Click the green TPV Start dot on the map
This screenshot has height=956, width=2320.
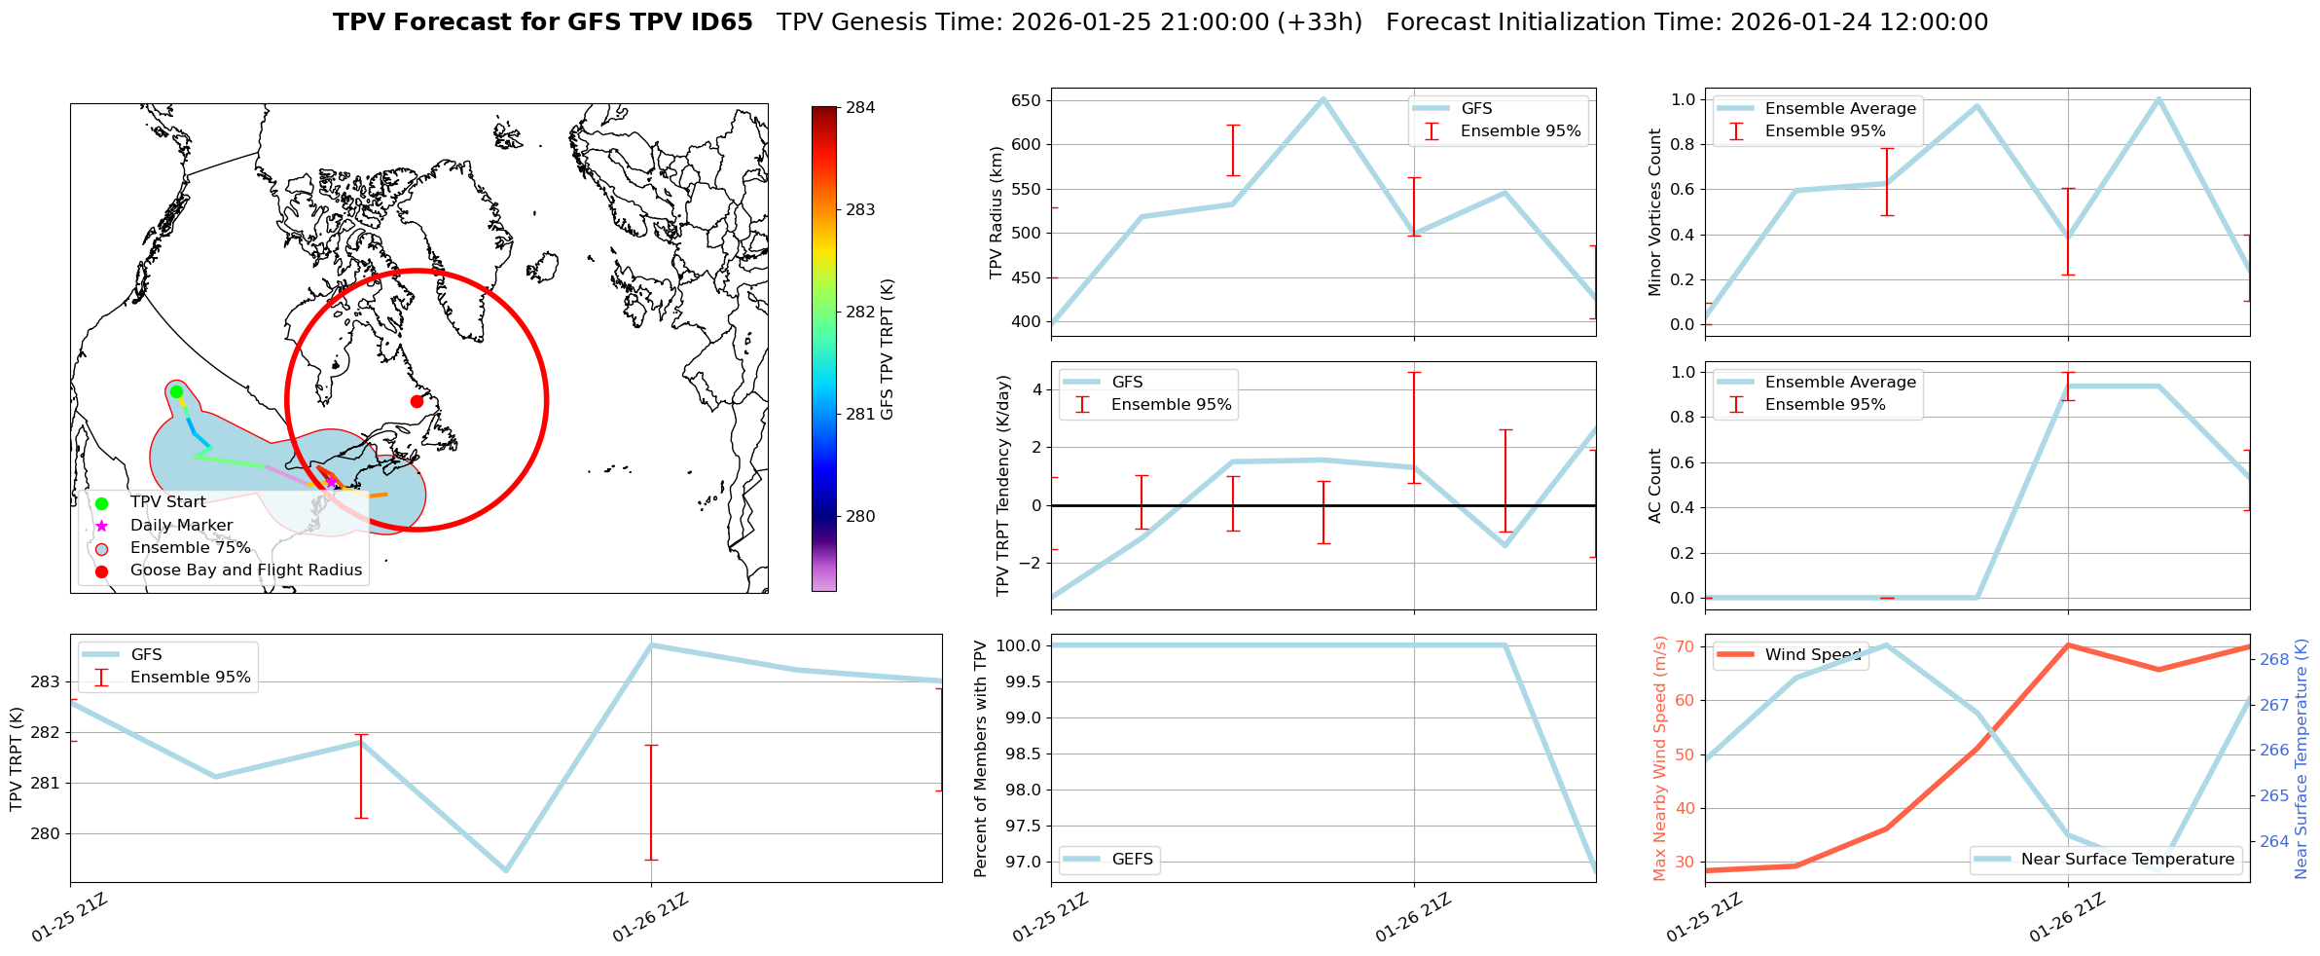(x=176, y=392)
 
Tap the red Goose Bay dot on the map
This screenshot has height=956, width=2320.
(x=417, y=401)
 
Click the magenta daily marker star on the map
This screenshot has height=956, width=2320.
(x=331, y=481)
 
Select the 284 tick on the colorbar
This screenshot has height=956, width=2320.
(x=859, y=108)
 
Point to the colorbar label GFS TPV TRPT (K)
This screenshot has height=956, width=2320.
(x=887, y=349)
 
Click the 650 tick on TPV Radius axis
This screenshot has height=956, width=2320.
(x=1027, y=101)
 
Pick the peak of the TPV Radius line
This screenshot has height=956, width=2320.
(x=1323, y=98)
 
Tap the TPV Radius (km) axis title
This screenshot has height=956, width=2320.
(x=996, y=212)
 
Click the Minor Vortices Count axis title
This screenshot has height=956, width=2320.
(x=1654, y=212)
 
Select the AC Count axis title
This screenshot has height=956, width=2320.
(x=1654, y=485)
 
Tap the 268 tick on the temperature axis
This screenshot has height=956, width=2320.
(x=2274, y=660)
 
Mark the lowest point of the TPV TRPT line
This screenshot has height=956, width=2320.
(x=505, y=870)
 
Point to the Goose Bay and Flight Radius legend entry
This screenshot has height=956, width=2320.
(x=245, y=570)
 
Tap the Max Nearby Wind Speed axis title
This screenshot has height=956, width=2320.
(x=1659, y=758)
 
